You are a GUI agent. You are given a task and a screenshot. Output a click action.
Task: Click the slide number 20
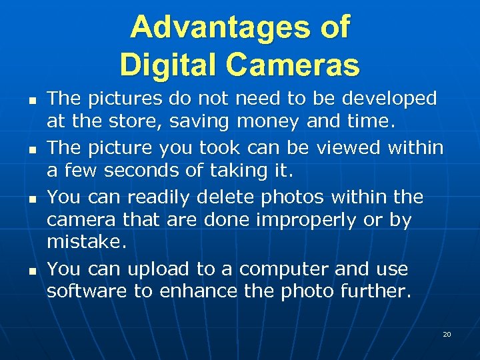447,334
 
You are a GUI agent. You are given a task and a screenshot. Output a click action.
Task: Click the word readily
158,197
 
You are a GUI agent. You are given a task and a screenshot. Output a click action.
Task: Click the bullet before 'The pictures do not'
32,99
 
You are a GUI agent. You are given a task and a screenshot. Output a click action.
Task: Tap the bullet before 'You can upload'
32,270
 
